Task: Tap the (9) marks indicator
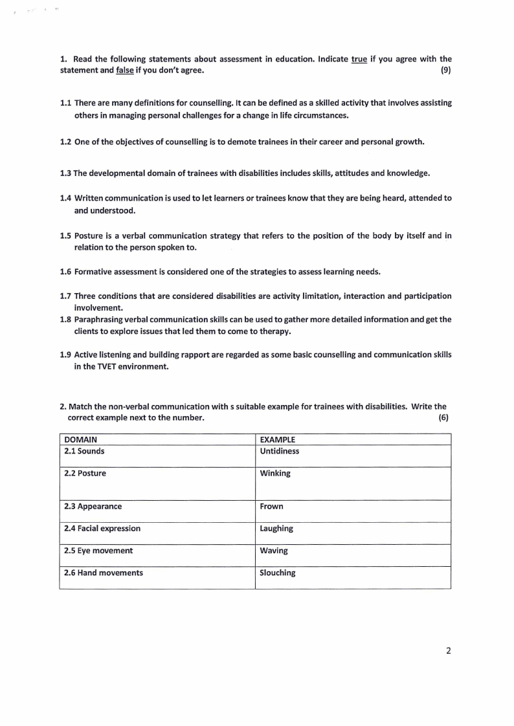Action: point(445,70)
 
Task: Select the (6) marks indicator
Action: point(443,417)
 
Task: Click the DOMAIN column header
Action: point(81,439)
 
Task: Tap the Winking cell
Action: point(275,473)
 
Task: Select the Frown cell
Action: point(271,506)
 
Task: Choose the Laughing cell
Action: point(276,528)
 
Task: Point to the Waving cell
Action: point(274,551)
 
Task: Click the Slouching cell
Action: point(278,573)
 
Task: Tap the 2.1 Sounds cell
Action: point(84,451)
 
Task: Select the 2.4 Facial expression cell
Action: point(102,528)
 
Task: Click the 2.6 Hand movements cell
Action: point(104,573)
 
